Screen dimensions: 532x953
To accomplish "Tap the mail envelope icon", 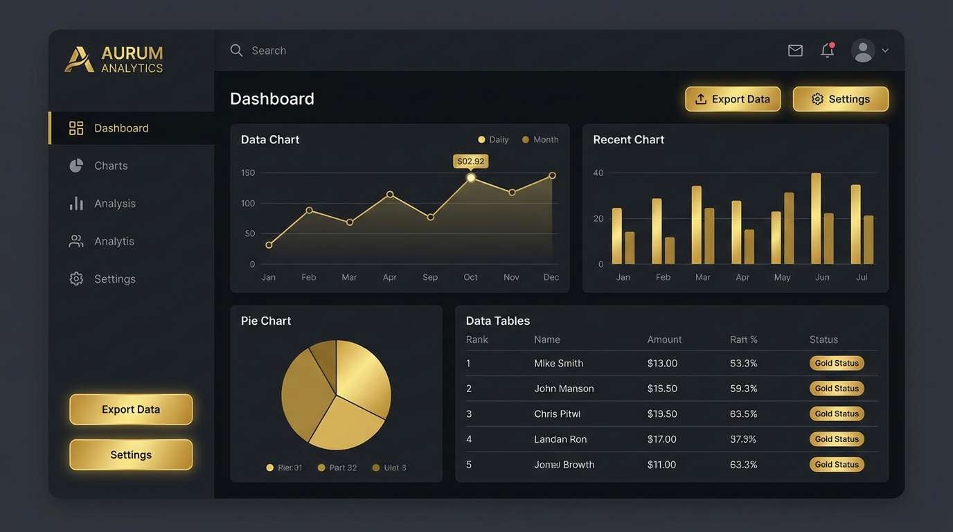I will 795,51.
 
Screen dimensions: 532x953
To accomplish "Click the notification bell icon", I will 827,51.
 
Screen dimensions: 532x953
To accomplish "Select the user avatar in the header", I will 863,51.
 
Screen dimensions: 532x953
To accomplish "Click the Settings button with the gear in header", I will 840,99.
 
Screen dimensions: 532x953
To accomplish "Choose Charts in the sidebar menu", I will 111,166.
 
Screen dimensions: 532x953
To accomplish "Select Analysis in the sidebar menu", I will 114,204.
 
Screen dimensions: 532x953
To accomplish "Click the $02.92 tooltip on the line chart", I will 471,161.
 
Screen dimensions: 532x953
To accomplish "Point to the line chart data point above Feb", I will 309,210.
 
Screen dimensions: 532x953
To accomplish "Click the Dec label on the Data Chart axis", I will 551,277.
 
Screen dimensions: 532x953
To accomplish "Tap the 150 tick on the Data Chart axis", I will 248,172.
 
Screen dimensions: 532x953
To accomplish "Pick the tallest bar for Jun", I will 816,218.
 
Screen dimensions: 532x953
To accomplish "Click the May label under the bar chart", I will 782,277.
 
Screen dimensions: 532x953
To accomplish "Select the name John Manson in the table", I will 564,389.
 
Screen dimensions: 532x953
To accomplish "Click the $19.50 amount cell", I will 662,414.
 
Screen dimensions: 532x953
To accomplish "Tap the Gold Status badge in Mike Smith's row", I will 837,363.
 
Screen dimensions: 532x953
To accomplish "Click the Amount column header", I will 664,339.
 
